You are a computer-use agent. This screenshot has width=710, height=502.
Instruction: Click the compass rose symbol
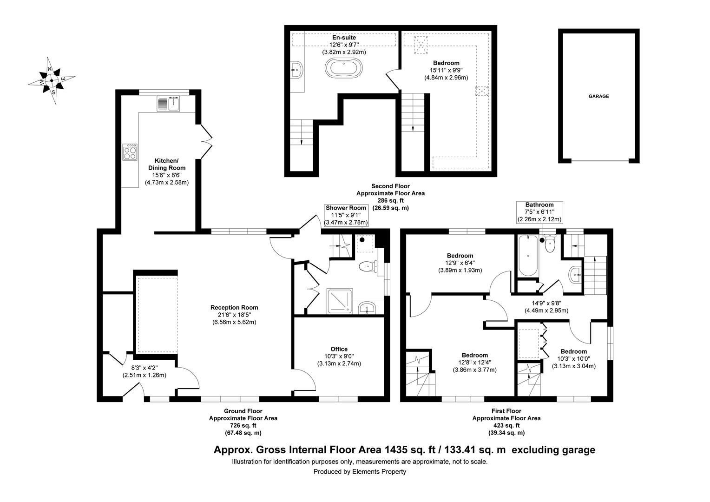51,80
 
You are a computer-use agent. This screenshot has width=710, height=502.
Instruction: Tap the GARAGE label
598,97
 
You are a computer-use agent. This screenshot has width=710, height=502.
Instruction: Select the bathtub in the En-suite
343,67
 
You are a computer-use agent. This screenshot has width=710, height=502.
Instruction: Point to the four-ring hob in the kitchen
130,152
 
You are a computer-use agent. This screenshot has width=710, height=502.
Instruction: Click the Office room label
339,349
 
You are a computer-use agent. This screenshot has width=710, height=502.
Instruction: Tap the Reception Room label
234,307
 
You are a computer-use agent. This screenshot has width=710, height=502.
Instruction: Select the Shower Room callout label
346,208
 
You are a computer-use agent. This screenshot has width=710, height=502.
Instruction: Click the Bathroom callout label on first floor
539,205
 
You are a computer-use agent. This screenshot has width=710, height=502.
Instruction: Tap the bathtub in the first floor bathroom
528,256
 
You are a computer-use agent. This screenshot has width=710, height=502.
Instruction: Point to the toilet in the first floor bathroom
550,244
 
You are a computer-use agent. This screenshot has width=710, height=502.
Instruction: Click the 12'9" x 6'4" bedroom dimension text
460,263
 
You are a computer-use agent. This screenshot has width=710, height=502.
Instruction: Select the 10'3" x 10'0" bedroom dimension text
573,358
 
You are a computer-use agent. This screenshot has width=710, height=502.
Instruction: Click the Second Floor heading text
390,186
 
